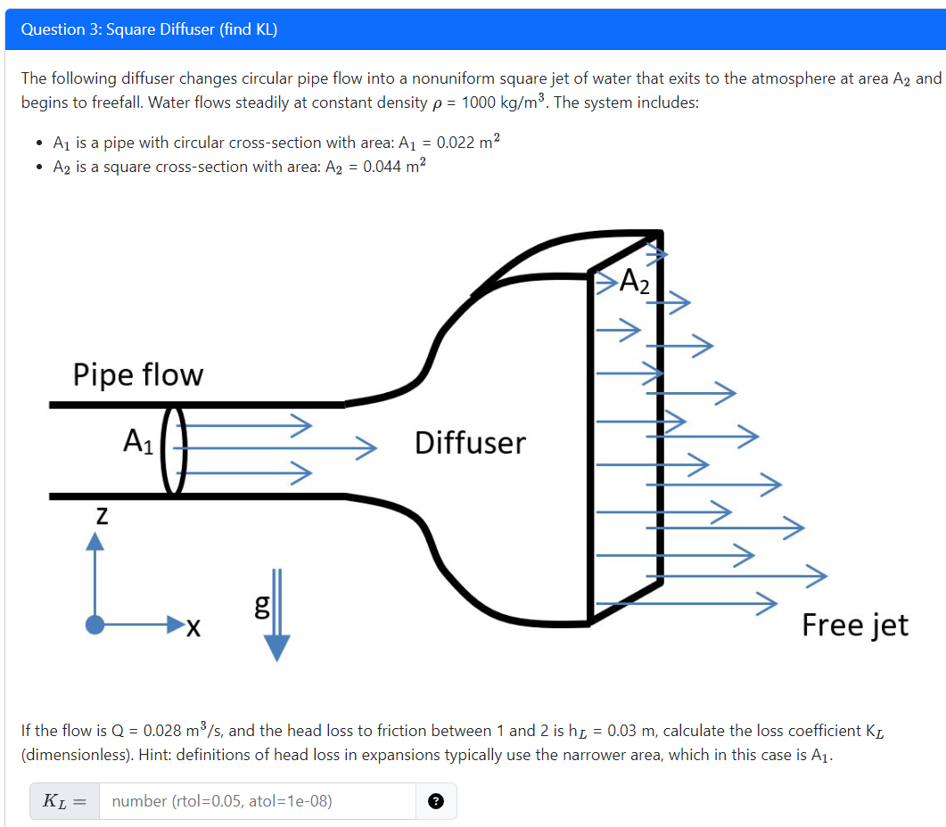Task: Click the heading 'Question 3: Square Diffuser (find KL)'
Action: pos(149,29)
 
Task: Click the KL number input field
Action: pos(257,800)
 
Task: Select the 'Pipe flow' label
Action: pos(138,374)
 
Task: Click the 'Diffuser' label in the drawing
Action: pos(470,442)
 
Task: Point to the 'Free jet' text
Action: pos(854,625)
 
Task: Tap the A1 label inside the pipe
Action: pos(139,440)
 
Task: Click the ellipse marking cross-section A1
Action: pos(174,450)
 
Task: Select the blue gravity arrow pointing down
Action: pos(276,615)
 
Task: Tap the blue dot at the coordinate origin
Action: pos(94,626)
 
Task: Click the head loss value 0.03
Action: pos(623,731)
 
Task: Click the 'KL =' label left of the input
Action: pos(63,800)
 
